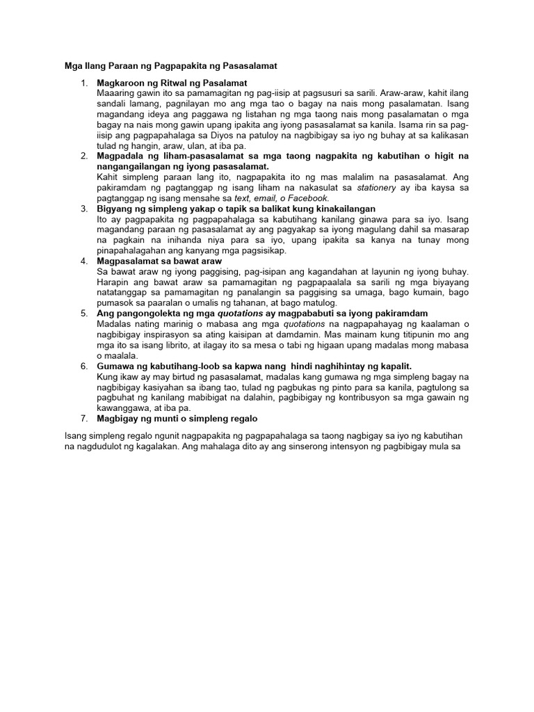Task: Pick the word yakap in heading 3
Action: pos(176,209)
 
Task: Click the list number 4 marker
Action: pos(83,261)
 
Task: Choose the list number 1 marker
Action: pos(83,83)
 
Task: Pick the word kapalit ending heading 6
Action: pos(394,366)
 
